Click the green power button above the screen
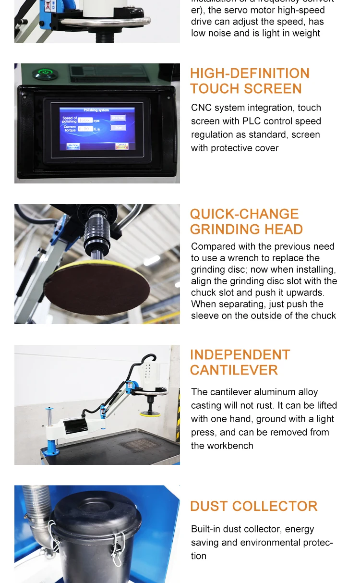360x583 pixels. [x=45, y=74]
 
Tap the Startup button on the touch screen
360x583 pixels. [x=118, y=118]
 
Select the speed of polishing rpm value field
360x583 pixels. [x=85, y=120]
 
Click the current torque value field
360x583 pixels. [x=85, y=129]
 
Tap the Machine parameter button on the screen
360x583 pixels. [x=73, y=146]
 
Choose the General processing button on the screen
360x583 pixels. [x=122, y=146]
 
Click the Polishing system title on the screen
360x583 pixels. [x=96, y=110]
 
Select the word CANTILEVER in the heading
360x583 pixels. [x=234, y=370]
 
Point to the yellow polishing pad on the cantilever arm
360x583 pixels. [x=149, y=413]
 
